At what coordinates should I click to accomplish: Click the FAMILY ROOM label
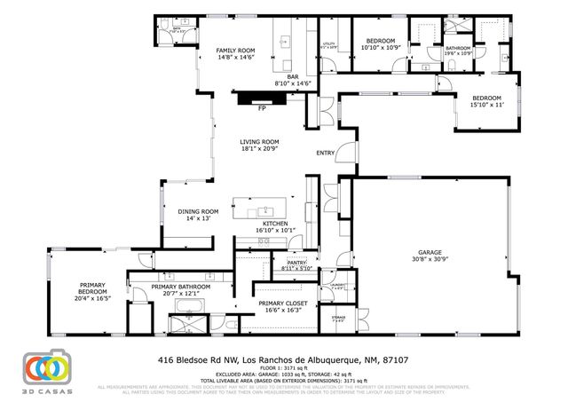[x=236, y=51]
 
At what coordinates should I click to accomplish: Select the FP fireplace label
[x=262, y=108]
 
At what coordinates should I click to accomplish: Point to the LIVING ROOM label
[x=259, y=142]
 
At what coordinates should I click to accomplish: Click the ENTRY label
[x=325, y=153]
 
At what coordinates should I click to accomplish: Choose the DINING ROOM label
[x=198, y=211]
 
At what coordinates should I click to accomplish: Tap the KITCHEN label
[x=274, y=224]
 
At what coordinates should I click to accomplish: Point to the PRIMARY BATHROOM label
[x=180, y=287]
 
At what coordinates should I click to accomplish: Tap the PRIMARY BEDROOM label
[x=91, y=291]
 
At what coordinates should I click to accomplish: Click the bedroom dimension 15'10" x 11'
[x=485, y=105]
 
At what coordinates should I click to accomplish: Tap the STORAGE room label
[x=338, y=316]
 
